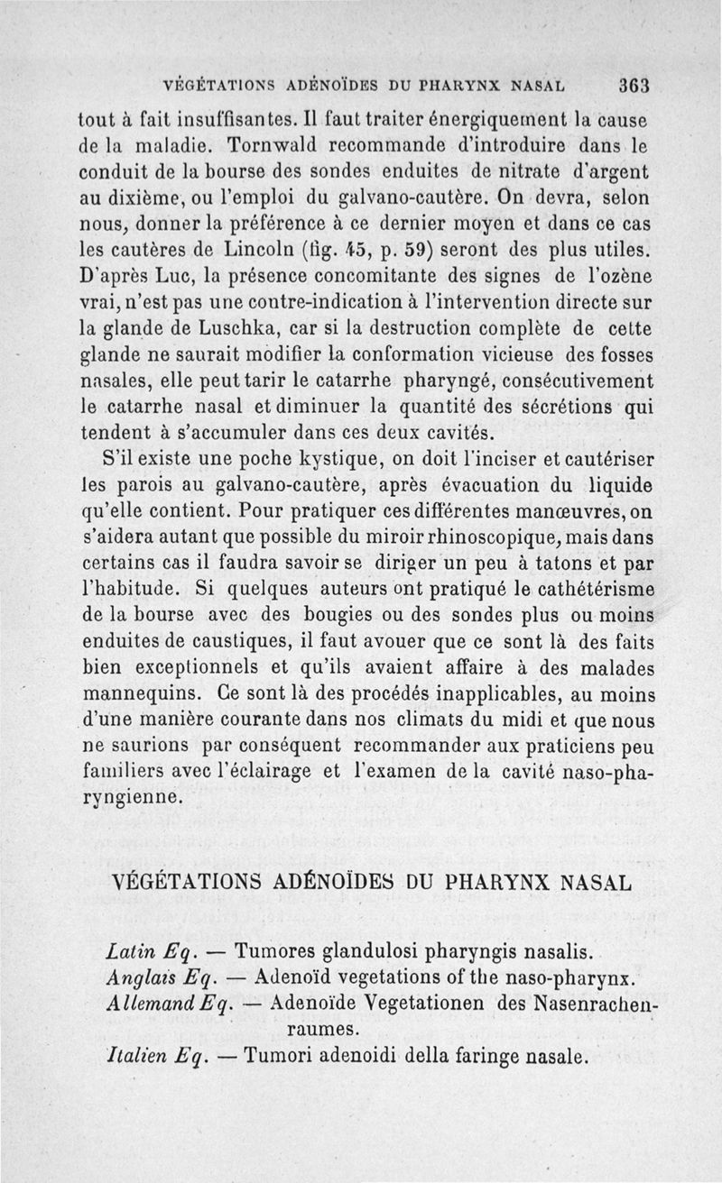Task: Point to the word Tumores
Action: click(274, 951)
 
